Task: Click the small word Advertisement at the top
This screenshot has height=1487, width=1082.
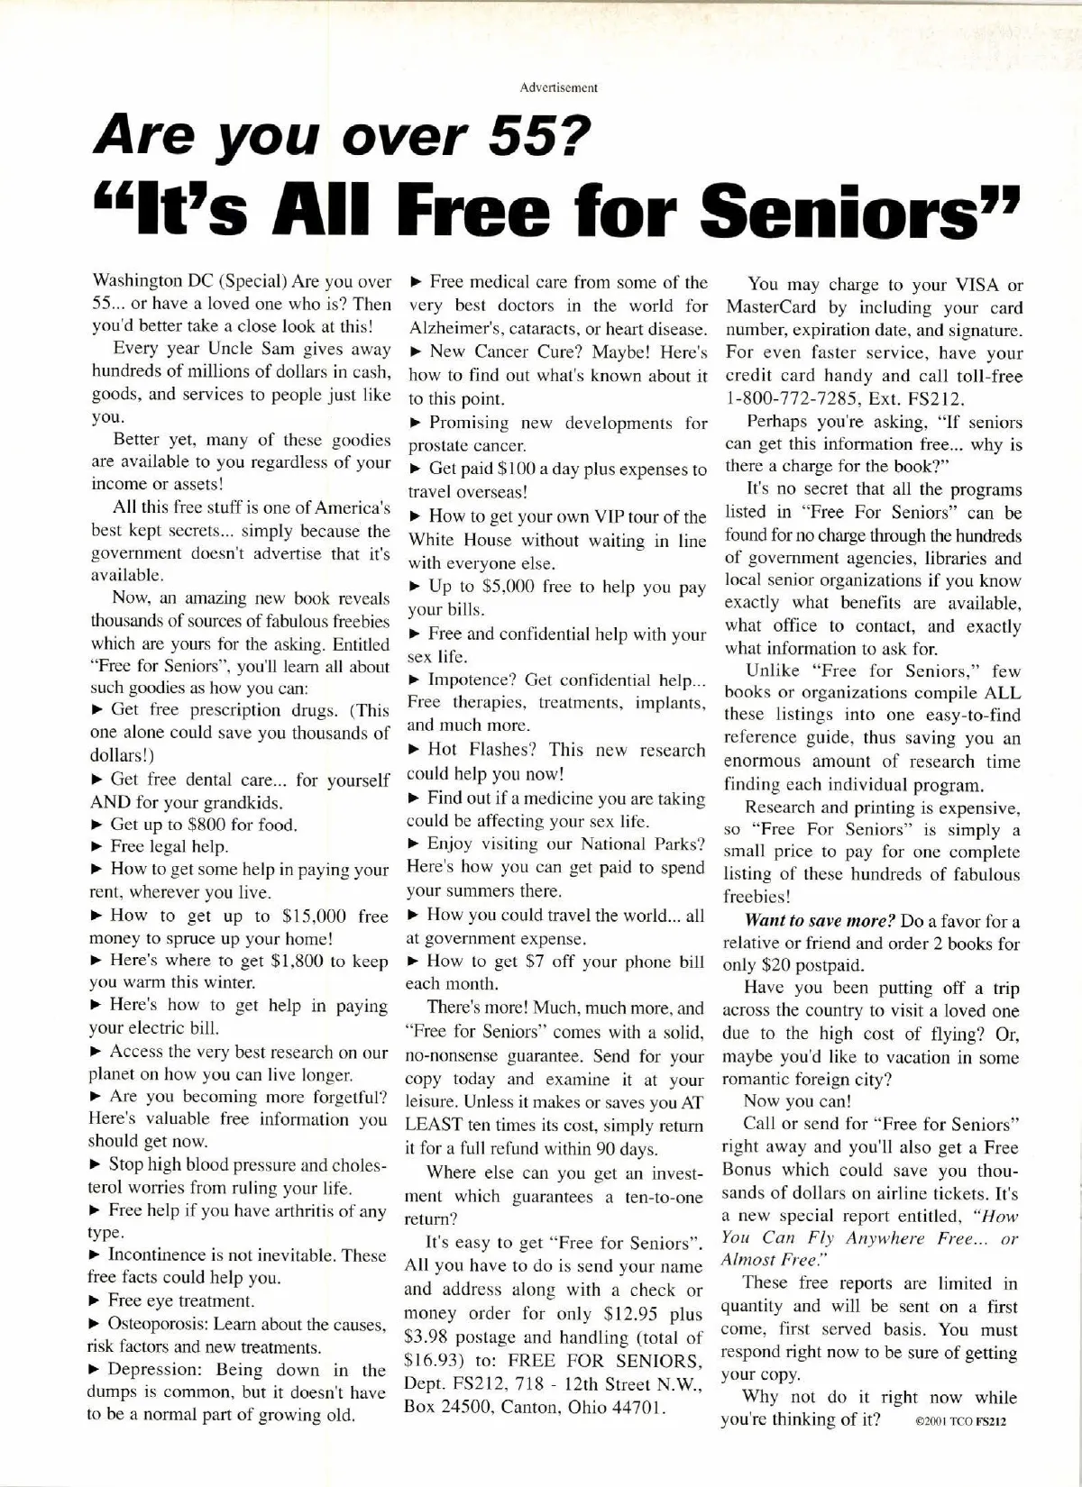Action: (558, 88)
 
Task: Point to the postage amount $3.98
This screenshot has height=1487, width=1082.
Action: (432, 1337)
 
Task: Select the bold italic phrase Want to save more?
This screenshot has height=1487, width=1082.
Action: (819, 922)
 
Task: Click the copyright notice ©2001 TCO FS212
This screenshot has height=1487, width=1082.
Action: (960, 1424)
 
